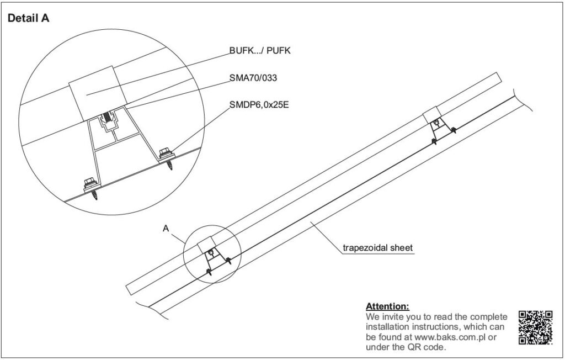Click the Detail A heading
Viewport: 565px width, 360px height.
pyautogui.click(x=29, y=18)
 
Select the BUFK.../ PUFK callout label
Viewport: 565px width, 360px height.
pyautogui.click(x=260, y=50)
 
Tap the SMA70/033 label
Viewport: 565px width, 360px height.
pyautogui.click(x=253, y=77)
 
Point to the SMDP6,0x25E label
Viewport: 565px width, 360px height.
pyautogui.click(x=259, y=105)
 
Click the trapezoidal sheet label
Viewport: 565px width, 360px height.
pyautogui.click(x=377, y=248)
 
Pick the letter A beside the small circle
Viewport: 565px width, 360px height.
pyautogui.click(x=166, y=229)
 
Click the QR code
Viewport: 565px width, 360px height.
pyautogui.click(x=535, y=327)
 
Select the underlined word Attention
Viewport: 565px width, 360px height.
pyautogui.click(x=388, y=306)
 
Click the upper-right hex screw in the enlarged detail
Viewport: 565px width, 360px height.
pyautogui.click(x=167, y=157)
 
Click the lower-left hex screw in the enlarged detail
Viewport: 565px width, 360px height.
pyautogui.click(x=92, y=188)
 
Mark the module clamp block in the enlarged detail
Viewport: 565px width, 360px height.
pyautogui.click(x=98, y=93)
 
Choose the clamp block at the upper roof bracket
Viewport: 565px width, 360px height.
pyautogui.click(x=431, y=115)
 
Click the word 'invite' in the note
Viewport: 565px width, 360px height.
pyautogui.click(x=393, y=317)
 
